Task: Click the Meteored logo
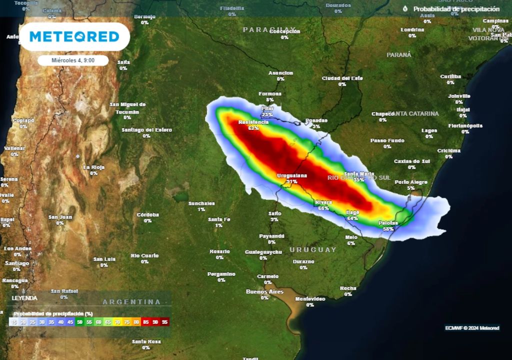pos(74,36)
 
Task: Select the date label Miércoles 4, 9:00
pos(73,60)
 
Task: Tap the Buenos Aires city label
pos(264,291)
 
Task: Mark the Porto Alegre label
pos(411,182)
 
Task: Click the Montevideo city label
pos(310,299)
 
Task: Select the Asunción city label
pos(280,73)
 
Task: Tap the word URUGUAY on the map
pos(313,249)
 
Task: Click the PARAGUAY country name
pos(269,29)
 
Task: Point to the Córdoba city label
pos(147,215)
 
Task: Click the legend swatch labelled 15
pos(14,322)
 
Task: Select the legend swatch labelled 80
pos(136,322)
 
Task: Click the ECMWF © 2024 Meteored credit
pos(472,328)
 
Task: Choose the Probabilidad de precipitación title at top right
pos(456,9)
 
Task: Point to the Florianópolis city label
pos(465,125)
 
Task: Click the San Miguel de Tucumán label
pos(127,108)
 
